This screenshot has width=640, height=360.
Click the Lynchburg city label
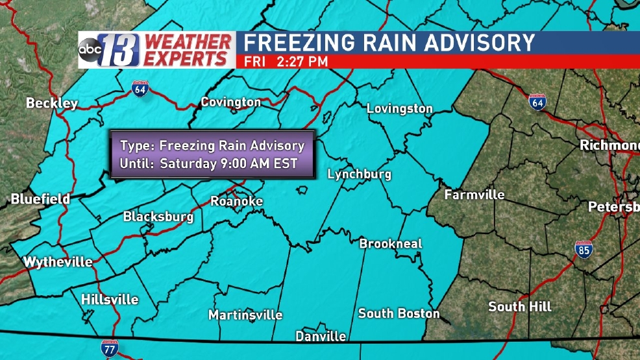359,174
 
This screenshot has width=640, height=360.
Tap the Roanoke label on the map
236,202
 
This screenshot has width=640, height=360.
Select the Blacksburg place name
158,217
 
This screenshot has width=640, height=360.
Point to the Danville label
321,337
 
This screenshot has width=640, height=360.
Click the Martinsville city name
245,315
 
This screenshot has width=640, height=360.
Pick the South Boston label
399,313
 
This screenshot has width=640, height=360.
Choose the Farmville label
474,195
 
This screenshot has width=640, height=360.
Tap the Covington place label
230,102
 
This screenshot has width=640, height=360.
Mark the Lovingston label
399,109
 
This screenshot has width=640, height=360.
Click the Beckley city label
52,103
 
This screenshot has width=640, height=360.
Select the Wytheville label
58,263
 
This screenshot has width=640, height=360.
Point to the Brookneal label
391,244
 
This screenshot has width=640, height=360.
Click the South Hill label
520,306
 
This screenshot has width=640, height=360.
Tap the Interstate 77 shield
110,348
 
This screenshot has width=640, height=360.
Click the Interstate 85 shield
583,250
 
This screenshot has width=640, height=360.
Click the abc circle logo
90,50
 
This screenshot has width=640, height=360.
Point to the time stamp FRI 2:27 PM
286,62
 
